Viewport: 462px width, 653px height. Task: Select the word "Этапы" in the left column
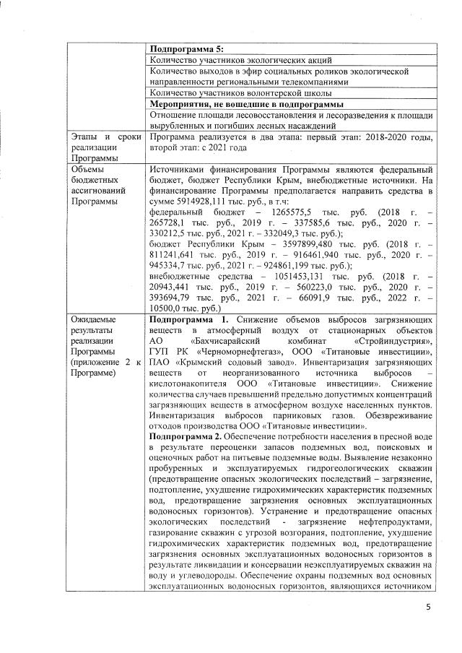pos(83,136)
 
